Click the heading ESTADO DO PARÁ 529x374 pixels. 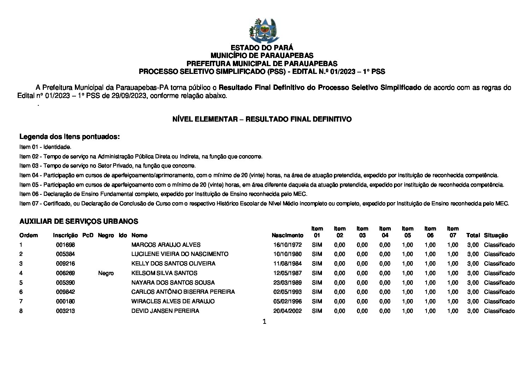pyautogui.click(x=262, y=48)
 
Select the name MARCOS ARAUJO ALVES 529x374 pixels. pyautogui.click(x=166, y=245)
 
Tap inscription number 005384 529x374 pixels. pyautogui.click(x=65, y=254)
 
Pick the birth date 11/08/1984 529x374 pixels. pyautogui.click(x=287, y=263)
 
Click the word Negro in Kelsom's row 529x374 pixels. pyautogui.click(x=106, y=273)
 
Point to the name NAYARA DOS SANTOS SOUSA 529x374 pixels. pyautogui.click(x=173, y=282)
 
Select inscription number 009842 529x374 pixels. pyautogui.click(x=65, y=292)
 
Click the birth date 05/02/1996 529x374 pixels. pyautogui.click(x=287, y=301)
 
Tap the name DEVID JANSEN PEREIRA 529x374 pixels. pyautogui.click(x=165, y=311)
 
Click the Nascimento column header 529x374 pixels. pyautogui.click(x=287, y=235)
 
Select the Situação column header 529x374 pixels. pyautogui.click(x=496, y=235)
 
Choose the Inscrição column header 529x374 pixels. pyautogui.click(x=65, y=235)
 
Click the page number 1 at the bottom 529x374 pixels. pyautogui.click(x=264, y=321)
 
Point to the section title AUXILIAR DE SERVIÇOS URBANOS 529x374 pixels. pyautogui.click(x=79, y=221)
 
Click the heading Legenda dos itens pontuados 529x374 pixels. pyautogui.click(x=70, y=136)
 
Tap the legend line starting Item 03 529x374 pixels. pyautogui.click(x=107, y=165)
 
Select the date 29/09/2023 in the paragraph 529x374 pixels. pyautogui.click(x=129, y=96)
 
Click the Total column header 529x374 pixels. pyautogui.click(x=473, y=235)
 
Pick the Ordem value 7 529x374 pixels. pyautogui.click(x=21, y=301)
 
